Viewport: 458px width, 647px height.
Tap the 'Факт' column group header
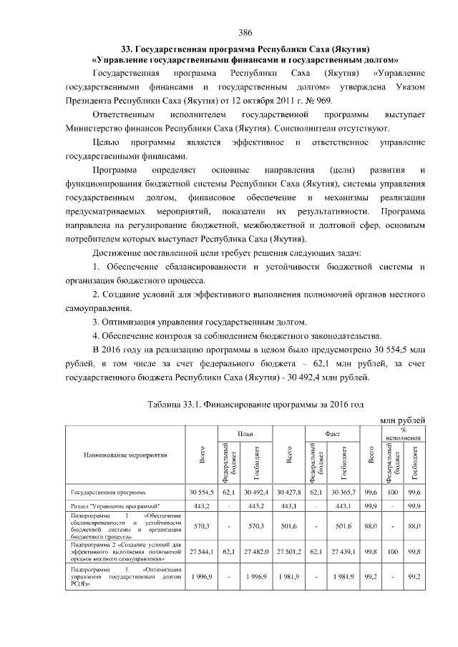pyautogui.click(x=331, y=433)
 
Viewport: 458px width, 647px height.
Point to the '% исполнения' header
pyautogui.click(x=403, y=433)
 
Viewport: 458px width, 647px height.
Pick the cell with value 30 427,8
pyautogui.click(x=289, y=493)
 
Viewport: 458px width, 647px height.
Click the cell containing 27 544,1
pyautogui.click(x=203, y=552)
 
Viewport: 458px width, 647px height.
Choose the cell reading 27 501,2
pyautogui.click(x=289, y=552)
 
